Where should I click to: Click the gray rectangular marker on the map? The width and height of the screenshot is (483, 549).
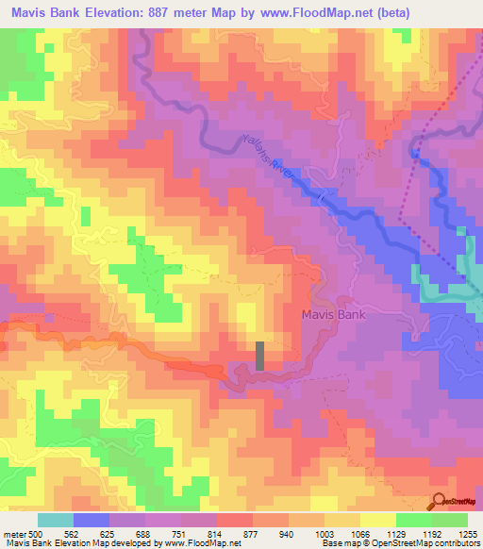(x=260, y=356)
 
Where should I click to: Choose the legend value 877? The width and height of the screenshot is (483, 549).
(x=251, y=533)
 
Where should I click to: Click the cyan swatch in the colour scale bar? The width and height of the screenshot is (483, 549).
(x=56, y=520)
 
